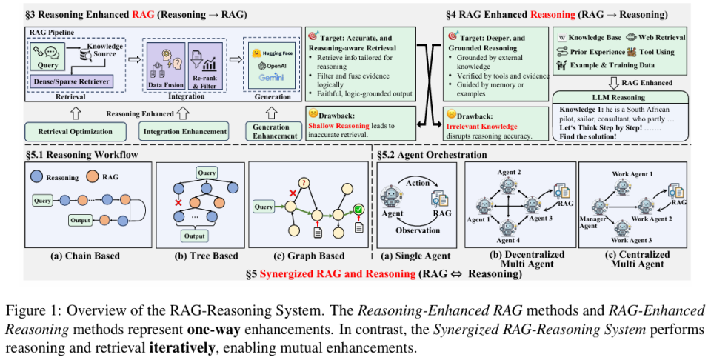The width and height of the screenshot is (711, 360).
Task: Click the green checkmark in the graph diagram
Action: click(358, 210)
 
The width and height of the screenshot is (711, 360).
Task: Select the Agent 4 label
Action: click(508, 241)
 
